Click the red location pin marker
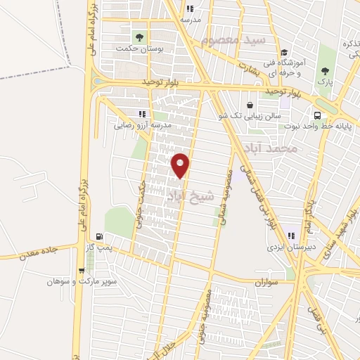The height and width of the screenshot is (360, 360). (x=181, y=165)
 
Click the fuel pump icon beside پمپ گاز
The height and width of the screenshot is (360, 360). (x=98, y=236)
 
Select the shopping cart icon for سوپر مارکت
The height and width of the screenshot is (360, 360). (x=82, y=270)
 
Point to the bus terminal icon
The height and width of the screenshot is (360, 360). (x=317, y=115)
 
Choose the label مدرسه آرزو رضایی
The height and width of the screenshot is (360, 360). (x=142, y=125)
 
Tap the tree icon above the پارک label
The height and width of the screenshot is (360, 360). (x=325, y=71)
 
